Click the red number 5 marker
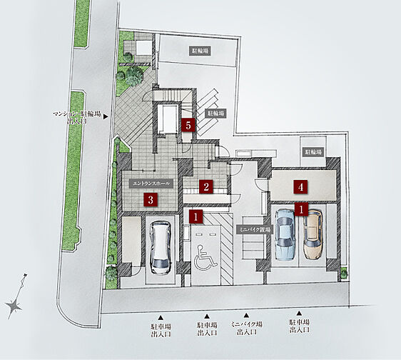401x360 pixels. (x=188, y=124)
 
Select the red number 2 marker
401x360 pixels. (x=205, y=187)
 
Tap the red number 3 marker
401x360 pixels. (x=150, y=200)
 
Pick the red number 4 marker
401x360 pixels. (x=301, y=187)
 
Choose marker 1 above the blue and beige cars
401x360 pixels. (x=301, y=210)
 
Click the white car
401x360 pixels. (x=160, y=246)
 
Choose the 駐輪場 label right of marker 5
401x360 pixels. (x=216, y=113)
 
